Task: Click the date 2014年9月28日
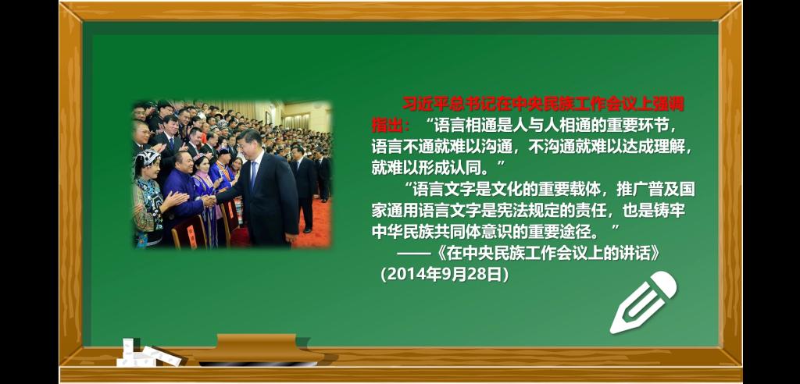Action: point(444,275)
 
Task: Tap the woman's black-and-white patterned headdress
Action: point(146,158)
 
